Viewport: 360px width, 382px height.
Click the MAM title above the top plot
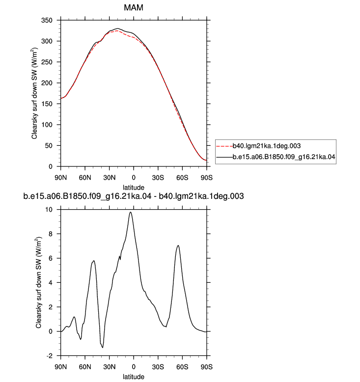[x=133, y=7]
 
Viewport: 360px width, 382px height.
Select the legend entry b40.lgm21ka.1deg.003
[x=266, y=146]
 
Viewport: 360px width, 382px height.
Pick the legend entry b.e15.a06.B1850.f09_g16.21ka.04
[x=284, y=157]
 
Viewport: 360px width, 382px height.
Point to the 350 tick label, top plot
[x=47, y=20]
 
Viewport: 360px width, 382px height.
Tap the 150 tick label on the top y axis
[x=47, y=104]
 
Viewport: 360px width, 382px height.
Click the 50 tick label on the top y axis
[x=49, y=146]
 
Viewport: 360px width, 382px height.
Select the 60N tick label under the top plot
[x=85, y=178]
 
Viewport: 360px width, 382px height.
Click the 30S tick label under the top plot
[x=158, y=178]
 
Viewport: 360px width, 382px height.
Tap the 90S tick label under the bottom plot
[x=207, y=367]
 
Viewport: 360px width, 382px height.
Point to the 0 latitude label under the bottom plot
[x=134, y=367]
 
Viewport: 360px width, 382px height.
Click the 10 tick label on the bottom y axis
[x=49, y=210]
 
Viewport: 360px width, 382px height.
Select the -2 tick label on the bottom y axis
[x=49, y=356]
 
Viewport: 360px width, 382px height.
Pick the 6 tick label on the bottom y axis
[x=51, y=258]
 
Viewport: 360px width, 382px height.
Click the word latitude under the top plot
[x=133, y=188]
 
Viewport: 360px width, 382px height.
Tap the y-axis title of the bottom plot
[x=39, y=283]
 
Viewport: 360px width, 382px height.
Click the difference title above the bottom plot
[x=133, y=196]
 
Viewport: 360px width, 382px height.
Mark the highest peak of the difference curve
[x=131, y=212]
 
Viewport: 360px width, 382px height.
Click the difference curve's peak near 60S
[x=178, y=246]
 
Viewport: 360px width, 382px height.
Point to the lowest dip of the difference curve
[x=103, y=348]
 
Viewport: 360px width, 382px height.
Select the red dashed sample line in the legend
[x=224, y=146]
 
